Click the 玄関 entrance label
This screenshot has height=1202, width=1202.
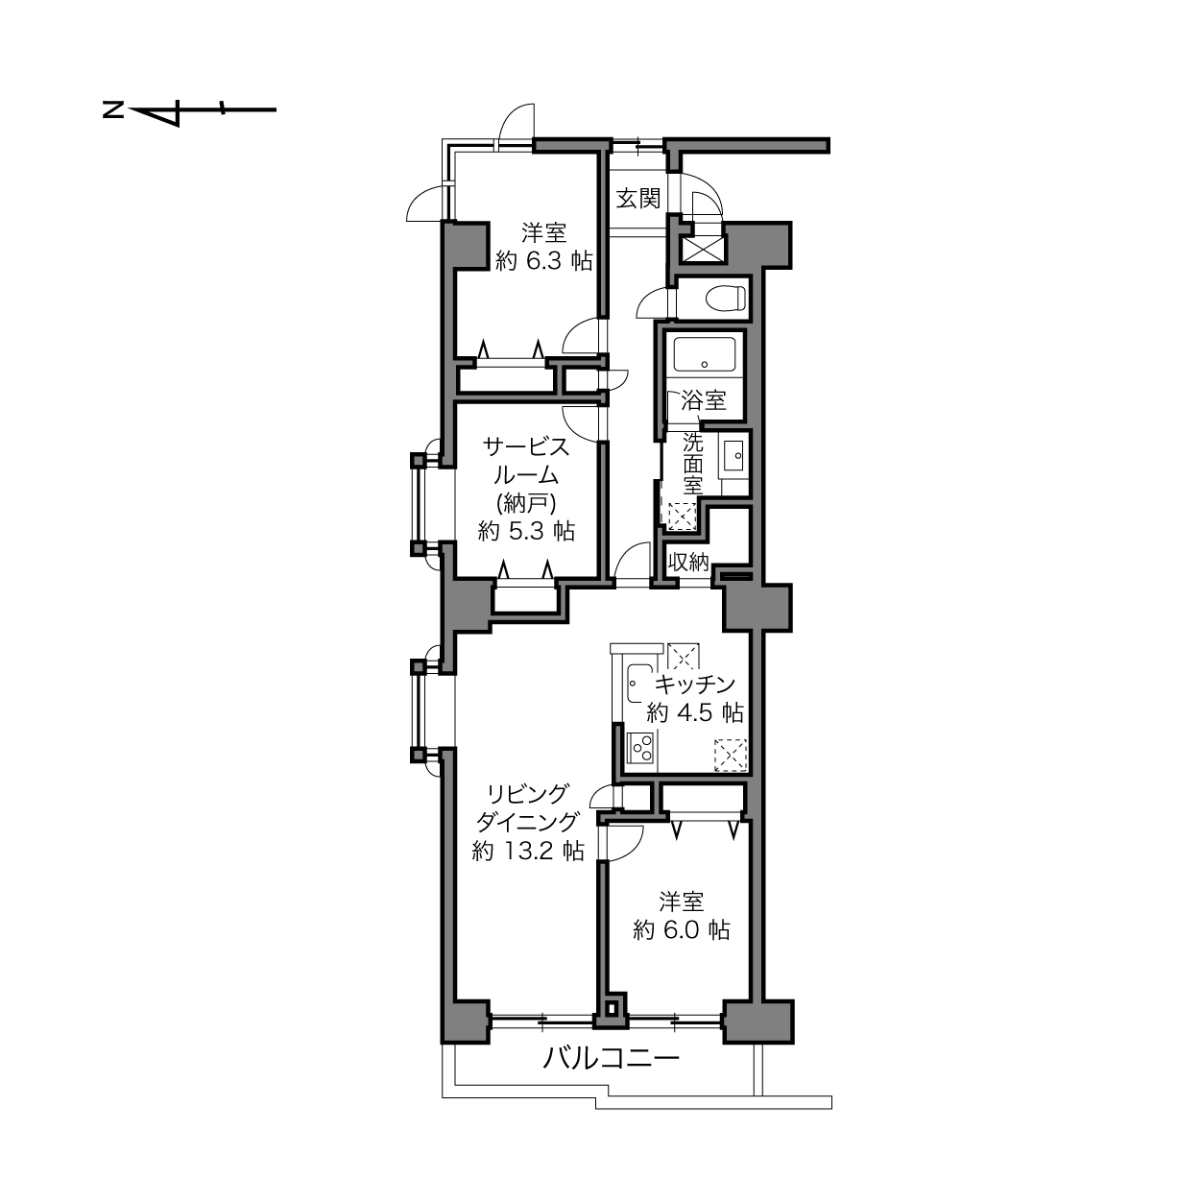[638, 199]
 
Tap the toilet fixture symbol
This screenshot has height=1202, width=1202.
[726, 298]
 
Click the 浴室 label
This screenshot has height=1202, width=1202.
[704, 400]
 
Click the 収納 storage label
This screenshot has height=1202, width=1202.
[688, 563]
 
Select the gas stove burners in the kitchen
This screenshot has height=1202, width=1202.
[641, 747]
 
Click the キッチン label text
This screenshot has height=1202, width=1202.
[695, 685]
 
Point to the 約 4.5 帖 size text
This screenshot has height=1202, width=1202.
[695, 712]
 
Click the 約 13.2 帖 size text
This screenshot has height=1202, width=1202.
[528, 851]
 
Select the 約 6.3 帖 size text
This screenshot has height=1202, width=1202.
[544, 261]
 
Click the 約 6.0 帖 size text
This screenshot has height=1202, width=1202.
[681, 930]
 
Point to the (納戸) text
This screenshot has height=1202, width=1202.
[526, 503]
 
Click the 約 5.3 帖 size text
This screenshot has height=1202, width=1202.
[526, 532]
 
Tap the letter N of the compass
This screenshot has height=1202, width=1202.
[112, 110]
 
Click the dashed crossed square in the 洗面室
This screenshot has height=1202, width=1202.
[683, 517]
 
